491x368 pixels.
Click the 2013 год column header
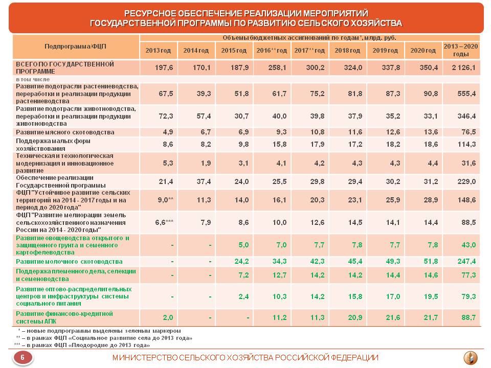(158, 51)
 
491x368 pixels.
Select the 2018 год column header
(347, 51)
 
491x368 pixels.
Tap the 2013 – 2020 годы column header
(461, 50)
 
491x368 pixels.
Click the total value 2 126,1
(463, 67)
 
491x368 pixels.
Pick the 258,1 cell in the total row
(277, 67)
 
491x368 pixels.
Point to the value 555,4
(466, 94)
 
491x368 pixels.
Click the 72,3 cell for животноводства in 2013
(166, 116)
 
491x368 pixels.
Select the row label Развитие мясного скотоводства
(65, 132)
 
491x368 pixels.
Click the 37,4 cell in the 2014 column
(204, 181)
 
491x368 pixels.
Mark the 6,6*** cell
(164, 222)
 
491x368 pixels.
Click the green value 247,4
(466, 261)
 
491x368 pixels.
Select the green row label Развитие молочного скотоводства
(69, 261)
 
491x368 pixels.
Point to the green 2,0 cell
(168, 317)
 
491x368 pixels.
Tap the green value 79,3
(468, 296)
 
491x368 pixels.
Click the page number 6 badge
(23, 357)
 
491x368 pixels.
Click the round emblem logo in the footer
(470, 358)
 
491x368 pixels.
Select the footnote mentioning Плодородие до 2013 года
(82, 345)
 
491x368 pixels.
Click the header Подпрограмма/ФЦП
(76, 47)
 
